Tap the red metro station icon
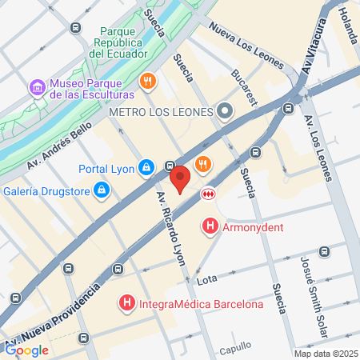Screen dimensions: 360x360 pyautogui.click(x=208, y=192)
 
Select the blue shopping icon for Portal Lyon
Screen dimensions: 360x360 pyautogui.click(x=146, y=167)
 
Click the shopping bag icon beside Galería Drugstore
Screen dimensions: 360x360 pyautogui.click(x=102, y=190)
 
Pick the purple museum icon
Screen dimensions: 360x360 pyautogui.click(x=37, y=85)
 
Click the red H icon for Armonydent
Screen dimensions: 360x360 pyautogui.click(x=210, y=226)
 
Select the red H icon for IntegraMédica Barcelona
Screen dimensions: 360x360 pyautogui.click(x=126, y=304)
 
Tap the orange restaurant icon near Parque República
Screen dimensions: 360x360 pyautogui.click(x=147, y=81)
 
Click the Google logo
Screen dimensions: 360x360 pyautogui.click(x=26, y=350)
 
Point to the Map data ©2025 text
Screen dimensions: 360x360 pyautogui.click(x=325, y=354)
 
